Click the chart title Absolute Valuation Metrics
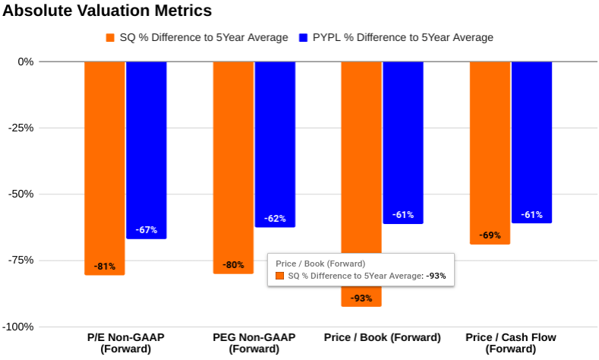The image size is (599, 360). point(106,11)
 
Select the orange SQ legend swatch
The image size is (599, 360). point(110,37)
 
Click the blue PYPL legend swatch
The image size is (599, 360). point(304,37)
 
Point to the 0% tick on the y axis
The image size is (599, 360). point(26,62)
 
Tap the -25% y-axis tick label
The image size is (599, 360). point(20,128)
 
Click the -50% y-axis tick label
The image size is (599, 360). point(20,194)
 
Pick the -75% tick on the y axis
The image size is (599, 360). point(20,261)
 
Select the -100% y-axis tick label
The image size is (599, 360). point(18,327)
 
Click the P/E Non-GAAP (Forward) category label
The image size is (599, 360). point(125,343)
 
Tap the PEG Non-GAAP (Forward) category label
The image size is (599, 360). point(254,343)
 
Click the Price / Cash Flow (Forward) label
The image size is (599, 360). point(510,343)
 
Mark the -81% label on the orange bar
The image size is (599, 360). point(104,267)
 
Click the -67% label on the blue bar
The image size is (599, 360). point(146,230)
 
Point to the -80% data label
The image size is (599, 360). point(233,265)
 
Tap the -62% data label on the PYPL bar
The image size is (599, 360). point(275,219)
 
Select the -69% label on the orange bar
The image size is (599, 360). point(490,235)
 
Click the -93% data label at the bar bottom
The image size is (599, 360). point(361,298)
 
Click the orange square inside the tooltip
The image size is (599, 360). point(279,276)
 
